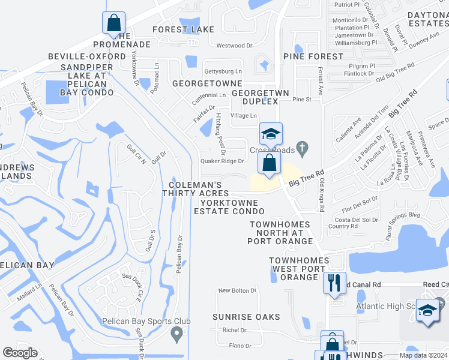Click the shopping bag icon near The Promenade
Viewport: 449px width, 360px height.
coord(113,24)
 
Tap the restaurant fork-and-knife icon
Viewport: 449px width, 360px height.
coord(334,282)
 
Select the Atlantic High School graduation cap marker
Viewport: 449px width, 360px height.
coord(427,310)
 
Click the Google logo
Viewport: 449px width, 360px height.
coord(20,353)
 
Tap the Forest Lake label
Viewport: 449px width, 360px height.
coord(183,29)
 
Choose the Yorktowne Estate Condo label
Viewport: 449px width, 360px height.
coord(229,207)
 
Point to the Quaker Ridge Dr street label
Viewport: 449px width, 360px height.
coord(222,161)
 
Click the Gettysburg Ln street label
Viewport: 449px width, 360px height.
coord(223,71)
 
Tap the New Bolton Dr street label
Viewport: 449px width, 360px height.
coord(237,290)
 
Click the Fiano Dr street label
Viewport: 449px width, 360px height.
coord(240,346)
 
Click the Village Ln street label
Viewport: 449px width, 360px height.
coord(243,115)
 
